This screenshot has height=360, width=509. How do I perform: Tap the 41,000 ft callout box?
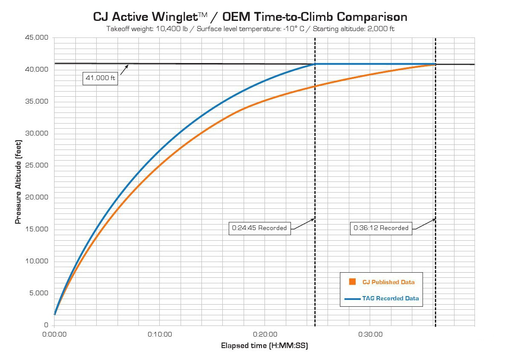point(100,78)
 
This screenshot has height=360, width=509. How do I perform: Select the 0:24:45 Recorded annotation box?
point(259,228)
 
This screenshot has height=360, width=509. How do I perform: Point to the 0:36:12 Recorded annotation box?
point(381,228)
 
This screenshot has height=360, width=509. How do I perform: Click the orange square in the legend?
point(352,282)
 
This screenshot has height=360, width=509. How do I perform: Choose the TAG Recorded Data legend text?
point(390,299)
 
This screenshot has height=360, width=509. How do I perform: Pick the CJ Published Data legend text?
point(388,282)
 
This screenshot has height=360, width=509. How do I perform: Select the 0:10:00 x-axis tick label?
point(160,334)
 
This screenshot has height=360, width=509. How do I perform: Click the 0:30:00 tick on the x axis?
point(370,334)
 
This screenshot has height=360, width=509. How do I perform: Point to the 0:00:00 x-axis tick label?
point(55,334)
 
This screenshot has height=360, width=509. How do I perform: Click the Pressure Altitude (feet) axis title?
point(18,181)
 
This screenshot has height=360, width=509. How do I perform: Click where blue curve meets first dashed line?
point(315,64)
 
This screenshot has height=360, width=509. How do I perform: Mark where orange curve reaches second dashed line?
point(435,64)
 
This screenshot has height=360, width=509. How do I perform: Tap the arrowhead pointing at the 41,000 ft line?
point(127,66)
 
